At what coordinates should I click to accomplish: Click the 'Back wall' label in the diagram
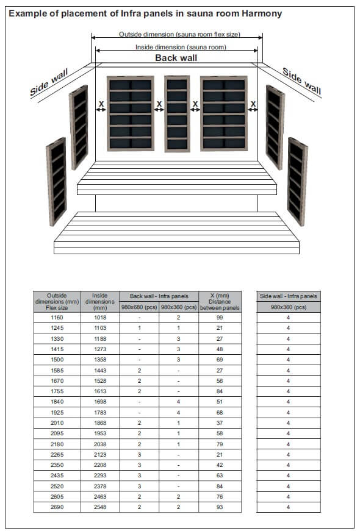[x=176, y=58]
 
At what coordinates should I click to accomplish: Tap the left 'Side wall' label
[x=48, y=84]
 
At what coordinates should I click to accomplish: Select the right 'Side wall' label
[x=301, y=80]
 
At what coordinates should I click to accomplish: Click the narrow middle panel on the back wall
[x=177, y=113]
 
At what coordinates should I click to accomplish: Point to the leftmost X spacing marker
[x=101, y=105]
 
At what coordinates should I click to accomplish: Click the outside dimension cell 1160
[x=57, y=318]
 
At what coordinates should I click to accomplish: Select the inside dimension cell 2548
[x=99, y=507]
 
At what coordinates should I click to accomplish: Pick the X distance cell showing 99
[x=220, y=318]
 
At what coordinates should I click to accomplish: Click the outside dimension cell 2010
[x=57, y=422]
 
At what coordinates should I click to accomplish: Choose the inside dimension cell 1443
[x=99, y=370]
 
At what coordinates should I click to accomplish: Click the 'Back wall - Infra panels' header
[x=159, y=296]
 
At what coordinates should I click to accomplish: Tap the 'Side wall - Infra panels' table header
[x=288, y=296]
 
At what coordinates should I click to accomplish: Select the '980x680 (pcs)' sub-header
[x=139, y=307]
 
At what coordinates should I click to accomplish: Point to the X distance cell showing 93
[x=220, y=507]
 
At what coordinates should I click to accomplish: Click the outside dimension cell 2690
[x=57, y=507]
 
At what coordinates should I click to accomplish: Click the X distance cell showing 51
[x=220, y=402]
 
